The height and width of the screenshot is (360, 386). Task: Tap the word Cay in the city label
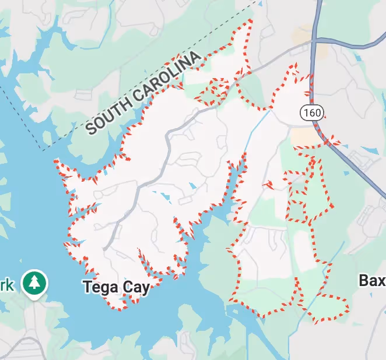point(134,287)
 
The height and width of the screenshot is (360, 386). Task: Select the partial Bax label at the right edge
point(372,281)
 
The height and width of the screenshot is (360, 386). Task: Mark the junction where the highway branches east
point(315,40)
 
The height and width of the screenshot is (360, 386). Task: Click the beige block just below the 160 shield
point(304,137)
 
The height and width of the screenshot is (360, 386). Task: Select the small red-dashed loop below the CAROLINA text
point(213,91)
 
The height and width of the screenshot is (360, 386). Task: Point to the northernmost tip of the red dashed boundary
point(251,21)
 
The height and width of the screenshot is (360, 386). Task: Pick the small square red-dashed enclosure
point(297,210)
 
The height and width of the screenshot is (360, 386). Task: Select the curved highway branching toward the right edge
point(350,44)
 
